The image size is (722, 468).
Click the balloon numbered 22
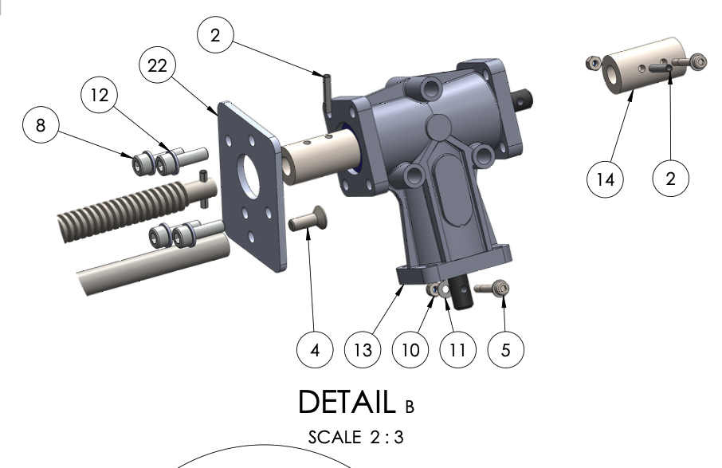tap(158, 67)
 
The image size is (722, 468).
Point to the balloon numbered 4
tap(316, 349)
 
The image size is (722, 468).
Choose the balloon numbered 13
tap(363, 349)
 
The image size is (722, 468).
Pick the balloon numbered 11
tap(457, 349)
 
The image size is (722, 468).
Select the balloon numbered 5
tap(505, 349)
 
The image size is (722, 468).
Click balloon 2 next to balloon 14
tap(670, 179)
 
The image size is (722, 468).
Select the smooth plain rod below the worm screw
tap(151, 262)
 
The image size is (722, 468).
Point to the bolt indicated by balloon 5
tap(492, 288)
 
